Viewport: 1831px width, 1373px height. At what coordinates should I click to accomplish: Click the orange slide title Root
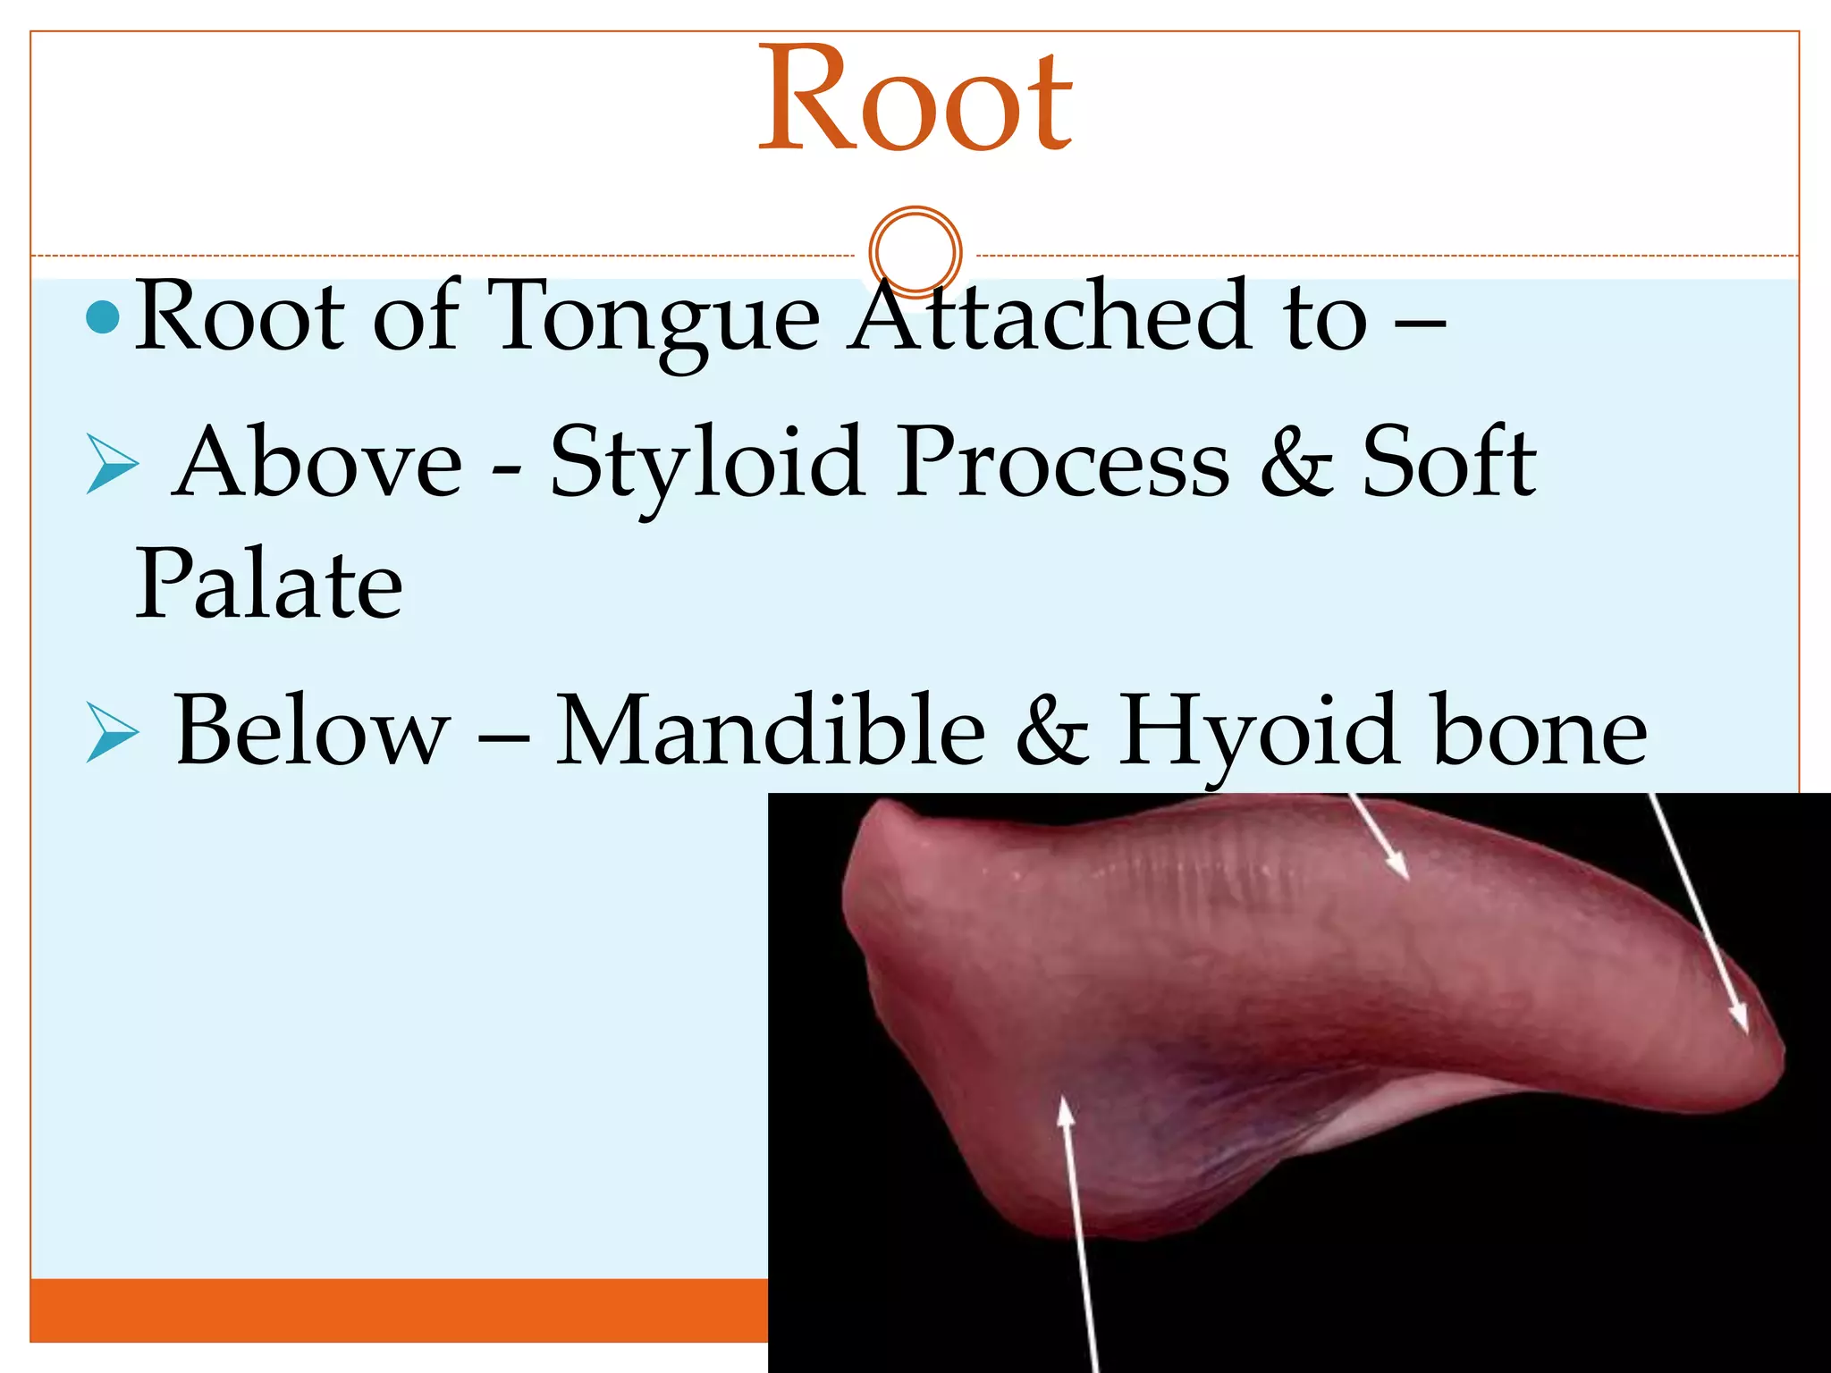coord(915,98)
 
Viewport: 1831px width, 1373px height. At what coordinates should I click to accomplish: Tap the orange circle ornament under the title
coord(915,252)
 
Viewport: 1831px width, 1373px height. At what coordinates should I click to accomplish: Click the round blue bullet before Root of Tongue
coord(104,317)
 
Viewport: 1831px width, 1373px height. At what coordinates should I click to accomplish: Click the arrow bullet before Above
coord(112,465)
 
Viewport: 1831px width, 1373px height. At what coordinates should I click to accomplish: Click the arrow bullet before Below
coord(112,731)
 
